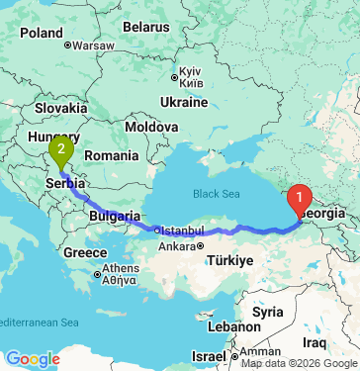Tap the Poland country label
(41, 33)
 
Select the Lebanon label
(232, 325)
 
